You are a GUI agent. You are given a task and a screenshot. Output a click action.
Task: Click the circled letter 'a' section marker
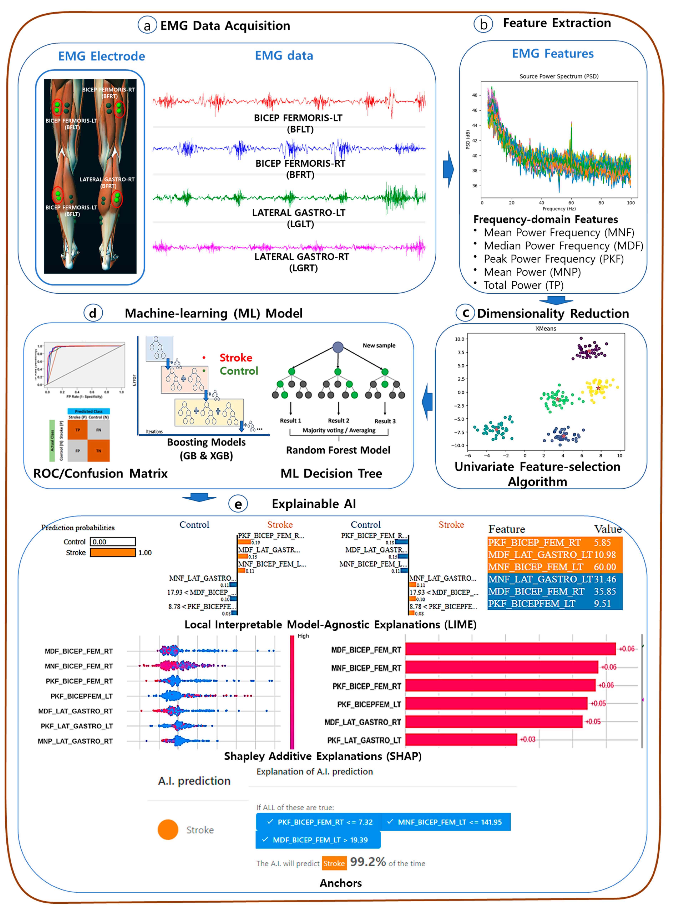pos(147,25)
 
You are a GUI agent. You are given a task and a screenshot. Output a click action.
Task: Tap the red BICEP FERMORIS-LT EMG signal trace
pos(289,101)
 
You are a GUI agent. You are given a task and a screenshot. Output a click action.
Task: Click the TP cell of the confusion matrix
pos(78,430)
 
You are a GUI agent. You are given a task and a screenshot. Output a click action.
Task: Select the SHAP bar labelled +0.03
pos(461,739)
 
